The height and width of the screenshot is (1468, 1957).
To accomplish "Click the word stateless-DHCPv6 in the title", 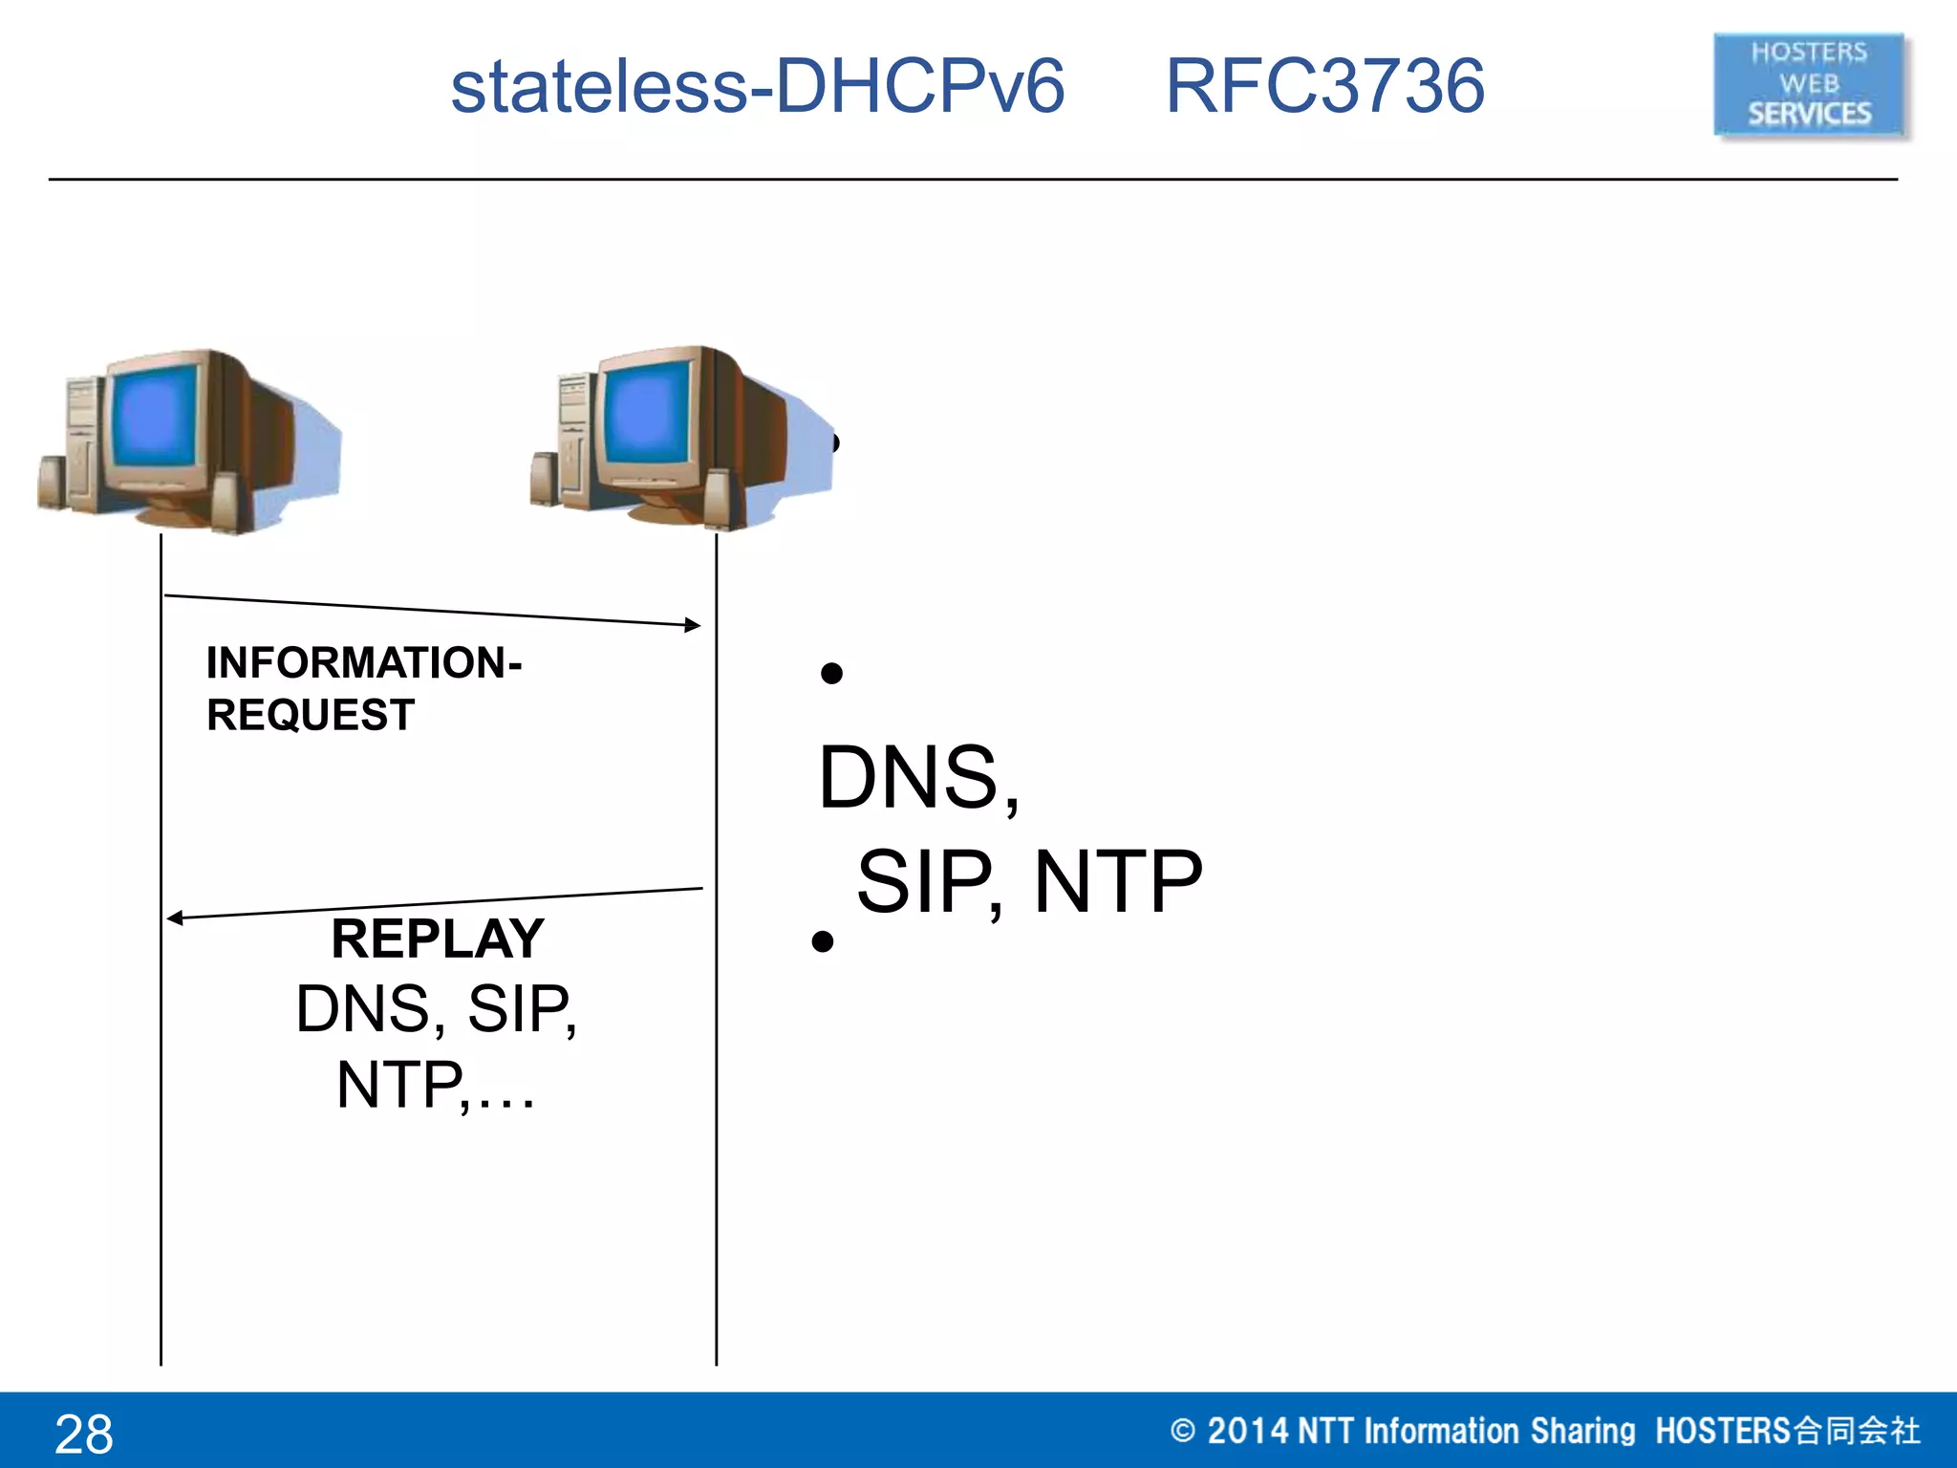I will click(757, 86).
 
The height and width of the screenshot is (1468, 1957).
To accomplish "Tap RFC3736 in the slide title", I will click(1324, 86).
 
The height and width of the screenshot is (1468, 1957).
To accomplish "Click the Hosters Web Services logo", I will click(1809, 84).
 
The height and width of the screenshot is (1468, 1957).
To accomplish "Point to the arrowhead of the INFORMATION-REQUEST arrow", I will click(694, 625).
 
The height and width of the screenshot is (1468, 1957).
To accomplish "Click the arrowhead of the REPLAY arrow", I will click(174, 918).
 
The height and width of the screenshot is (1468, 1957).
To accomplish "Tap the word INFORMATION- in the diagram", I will click(363, 662).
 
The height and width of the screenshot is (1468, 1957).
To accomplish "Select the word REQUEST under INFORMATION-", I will click(311, 715).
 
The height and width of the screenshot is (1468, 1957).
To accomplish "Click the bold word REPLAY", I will click(438, 939).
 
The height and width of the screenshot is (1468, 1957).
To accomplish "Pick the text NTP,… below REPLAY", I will click(436, 1085).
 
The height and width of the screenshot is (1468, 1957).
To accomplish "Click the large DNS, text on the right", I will click(917, 777).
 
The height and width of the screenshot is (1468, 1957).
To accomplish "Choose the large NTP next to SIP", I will click(1118, 882).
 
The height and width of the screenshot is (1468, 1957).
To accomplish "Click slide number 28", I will click(84, 1434).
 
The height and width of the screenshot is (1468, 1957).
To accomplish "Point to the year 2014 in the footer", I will click(1247, 1431).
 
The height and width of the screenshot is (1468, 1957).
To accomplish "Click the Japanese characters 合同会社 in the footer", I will click(1856, 1431).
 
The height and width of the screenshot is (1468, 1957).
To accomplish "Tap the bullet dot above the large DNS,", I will click(831, 674).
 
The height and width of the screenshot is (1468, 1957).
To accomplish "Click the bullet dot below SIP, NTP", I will click(823, 942).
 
